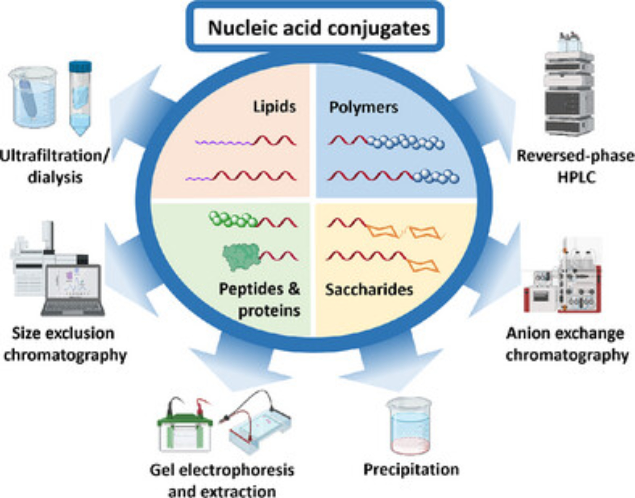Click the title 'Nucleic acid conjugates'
click(319, 28)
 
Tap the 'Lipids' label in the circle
click(274, 107)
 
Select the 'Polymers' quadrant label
click(364, 107)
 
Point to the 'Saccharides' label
click(369, 290)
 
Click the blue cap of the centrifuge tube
click(81, 66)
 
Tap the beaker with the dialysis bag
click(33, 97)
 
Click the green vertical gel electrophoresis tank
click(185, 430)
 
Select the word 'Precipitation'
click(411, 469)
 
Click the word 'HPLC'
click(577, 177)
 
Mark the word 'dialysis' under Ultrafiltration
click(55, 177)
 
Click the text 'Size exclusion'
click(63, 333)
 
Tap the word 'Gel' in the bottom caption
click(162, 470)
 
